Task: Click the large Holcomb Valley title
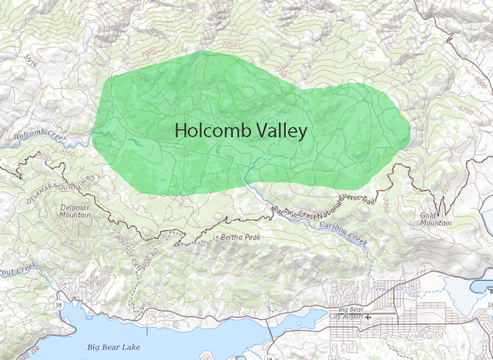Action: point(240,131)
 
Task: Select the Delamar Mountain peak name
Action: point(76,211)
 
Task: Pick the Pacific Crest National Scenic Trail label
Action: point(314,203)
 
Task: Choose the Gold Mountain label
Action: point(436,219)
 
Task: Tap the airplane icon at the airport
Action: point(368,317)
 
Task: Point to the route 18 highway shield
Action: point(269,358)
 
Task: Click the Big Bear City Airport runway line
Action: point(370,314)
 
